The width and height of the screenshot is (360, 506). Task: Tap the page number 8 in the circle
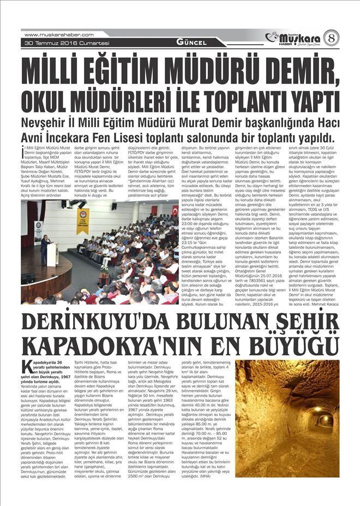[331, 38]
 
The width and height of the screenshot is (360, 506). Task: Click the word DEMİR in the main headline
[289, 70]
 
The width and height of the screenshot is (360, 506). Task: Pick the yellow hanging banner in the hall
[83, 220]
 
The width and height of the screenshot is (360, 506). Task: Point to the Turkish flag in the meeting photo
[175, 211]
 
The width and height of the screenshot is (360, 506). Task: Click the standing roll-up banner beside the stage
[38, 232]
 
